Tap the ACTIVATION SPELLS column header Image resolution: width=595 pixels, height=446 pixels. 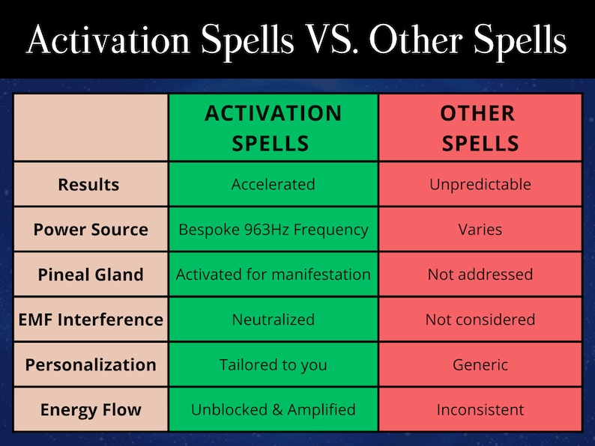(x=273, y=127)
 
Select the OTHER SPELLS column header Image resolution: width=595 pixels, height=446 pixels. (x=480, y=127)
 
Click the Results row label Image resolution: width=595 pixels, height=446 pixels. (x=88, y=184)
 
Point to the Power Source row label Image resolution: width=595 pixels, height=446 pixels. (x=90, y=229)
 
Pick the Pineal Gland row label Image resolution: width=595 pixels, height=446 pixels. (x=90, y=275)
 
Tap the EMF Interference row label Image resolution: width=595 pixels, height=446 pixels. (x=90, y=320)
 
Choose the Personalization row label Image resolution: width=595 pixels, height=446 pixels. (x=90, y=365)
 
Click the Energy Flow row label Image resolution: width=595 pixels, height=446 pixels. (x=90, y=410)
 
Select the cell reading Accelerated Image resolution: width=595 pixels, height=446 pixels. (x=273, y=184)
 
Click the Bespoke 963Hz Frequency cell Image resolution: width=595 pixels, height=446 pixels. (x=273, y=229)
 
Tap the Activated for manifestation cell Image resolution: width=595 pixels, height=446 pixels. (x=273, y=275)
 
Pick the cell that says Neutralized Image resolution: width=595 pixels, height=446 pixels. (x=273, y=320)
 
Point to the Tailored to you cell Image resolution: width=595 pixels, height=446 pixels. (x=273, y=365)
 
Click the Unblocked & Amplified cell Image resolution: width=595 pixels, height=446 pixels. (x=273, y=410)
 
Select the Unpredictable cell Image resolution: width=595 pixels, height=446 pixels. (x=480, y=184)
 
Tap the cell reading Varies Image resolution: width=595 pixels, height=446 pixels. (x=480, y=229)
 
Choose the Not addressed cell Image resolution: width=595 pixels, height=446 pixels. (x=480, y=275)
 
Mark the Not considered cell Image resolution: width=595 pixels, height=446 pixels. (x=480, y=320)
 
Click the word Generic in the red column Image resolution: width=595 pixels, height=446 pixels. (x=480, y=365)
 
